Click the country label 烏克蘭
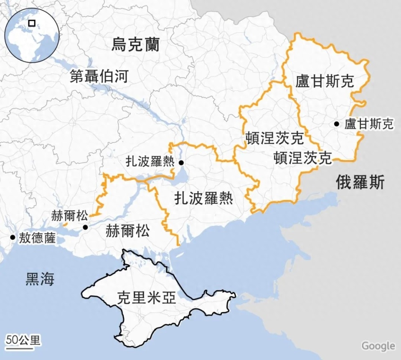pyautogui.click(x=135, y=44)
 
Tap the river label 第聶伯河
pyautogui.click(x=99, y=77)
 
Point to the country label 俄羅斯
pyautogui.click(x=360, y=182)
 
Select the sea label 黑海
pyautogui.click(x=40, y=279)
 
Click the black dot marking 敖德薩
pyautogui.click(x=13, y=237)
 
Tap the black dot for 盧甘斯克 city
pyautogui.click(x=337, y=124)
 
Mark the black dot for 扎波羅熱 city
pyautogui.click(x=181, y=163)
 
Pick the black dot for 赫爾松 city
pyautogui.click(x=85, y=227)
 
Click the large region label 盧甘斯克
pyautogui.click(x=325, y=81)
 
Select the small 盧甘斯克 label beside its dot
pyautogui.click(x=369, y=124)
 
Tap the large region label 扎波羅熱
pyautogui.click(x=203, y=198)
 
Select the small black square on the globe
pyautogui.click(x=32, y=23)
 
